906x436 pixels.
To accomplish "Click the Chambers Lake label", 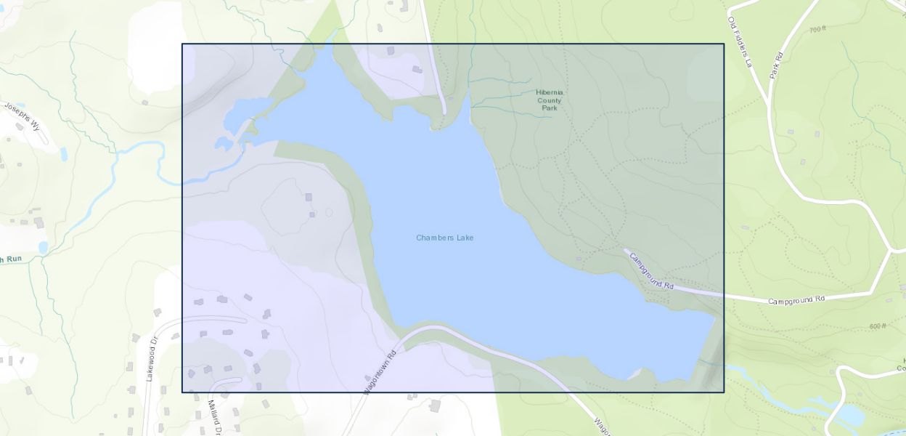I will point(444,238).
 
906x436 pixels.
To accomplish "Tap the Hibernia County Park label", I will point(550,100).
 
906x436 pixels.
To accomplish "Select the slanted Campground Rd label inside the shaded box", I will point(651,270).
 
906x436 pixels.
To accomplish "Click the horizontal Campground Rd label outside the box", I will point(796,299).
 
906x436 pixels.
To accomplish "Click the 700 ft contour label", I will point(817,29).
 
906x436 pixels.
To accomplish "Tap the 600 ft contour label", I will point(878,326).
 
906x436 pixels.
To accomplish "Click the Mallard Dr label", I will point(214,417).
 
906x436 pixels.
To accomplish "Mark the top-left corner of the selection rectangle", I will point(182,44).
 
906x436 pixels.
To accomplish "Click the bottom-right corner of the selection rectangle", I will point(724,392).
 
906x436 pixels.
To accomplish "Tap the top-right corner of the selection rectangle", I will point(724,44).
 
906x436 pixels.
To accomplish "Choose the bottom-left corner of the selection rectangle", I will point(182,392).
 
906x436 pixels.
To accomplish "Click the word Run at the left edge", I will point(15,259).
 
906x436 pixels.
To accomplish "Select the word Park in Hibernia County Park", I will point(550,108).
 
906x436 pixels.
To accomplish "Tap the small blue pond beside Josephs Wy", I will point(64,154).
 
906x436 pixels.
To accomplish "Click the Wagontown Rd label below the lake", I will point(381,373).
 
